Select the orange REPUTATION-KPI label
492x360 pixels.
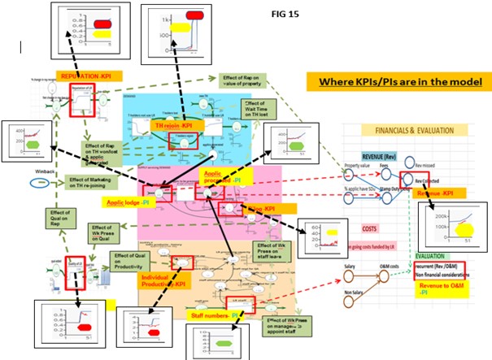click(91, 76)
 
